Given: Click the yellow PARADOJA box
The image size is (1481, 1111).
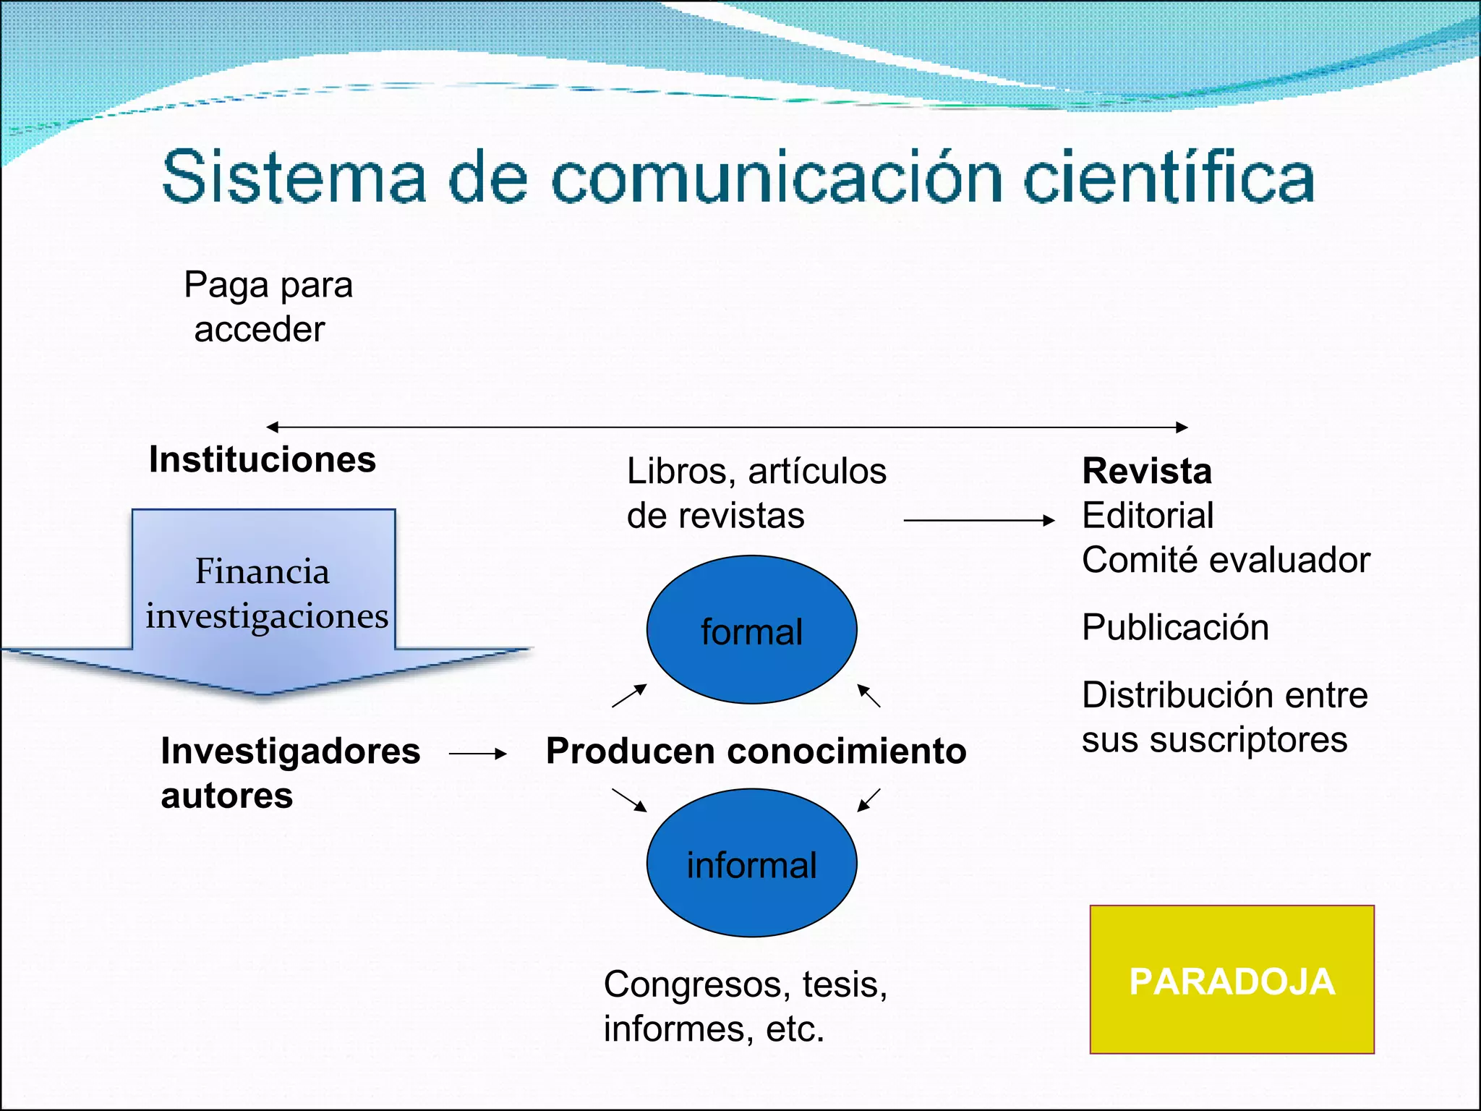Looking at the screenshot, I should click(1232, 979).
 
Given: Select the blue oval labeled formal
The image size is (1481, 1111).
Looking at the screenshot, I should click(751, 630).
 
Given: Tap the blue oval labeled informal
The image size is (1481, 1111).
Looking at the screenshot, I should click(751, 863).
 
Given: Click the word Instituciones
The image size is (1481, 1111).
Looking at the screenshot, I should click(263, 459).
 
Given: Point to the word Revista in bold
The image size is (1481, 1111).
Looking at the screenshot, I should click(1147, 471).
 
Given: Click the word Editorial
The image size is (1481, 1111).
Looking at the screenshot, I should click(1148, 516).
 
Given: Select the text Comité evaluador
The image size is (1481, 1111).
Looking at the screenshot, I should click(1226, 560).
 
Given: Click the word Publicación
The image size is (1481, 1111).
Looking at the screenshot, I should click(1175, 627).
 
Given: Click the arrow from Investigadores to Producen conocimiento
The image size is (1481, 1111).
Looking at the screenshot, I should click(477, 754).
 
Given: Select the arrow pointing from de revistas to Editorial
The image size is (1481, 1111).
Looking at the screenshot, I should click(979, 520).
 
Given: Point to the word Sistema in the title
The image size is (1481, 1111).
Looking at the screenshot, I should click(294, 178).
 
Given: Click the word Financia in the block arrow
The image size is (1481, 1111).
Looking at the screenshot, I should click(263, 571).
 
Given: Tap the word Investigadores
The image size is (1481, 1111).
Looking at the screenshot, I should click(291, 751).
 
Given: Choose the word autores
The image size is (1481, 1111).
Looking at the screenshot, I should click(227, 796).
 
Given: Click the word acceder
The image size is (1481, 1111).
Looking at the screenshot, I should click(260, 330).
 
